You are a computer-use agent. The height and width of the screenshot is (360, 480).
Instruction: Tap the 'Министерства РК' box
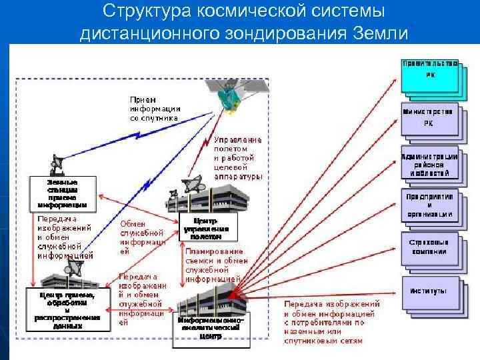pyautogui.click(x=430, y=117)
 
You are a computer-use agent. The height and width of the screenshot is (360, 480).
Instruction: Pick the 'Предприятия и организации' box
pyautogui.click(x=430, y=206)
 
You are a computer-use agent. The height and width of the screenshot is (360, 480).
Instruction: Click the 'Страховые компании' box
pyautogui.click(x=430, y=247)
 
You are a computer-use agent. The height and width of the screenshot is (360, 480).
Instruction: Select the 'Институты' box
pyautogui.click(x=430, y=292)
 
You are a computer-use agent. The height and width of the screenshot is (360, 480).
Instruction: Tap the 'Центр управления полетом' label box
pyautogui.click(x=206, y=228)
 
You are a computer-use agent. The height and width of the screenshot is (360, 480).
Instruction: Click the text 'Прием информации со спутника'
pyautogui.click(x=155, y=108)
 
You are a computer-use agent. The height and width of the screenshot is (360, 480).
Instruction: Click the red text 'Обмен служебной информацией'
pyautogui.click(x=142, y=237)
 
